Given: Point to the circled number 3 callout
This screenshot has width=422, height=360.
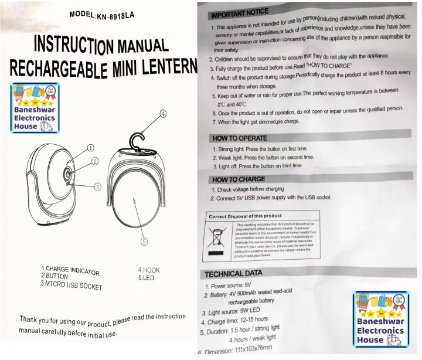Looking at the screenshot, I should pos(98,186).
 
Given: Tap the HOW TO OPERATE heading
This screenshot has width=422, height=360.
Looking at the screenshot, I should pos(240,138).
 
